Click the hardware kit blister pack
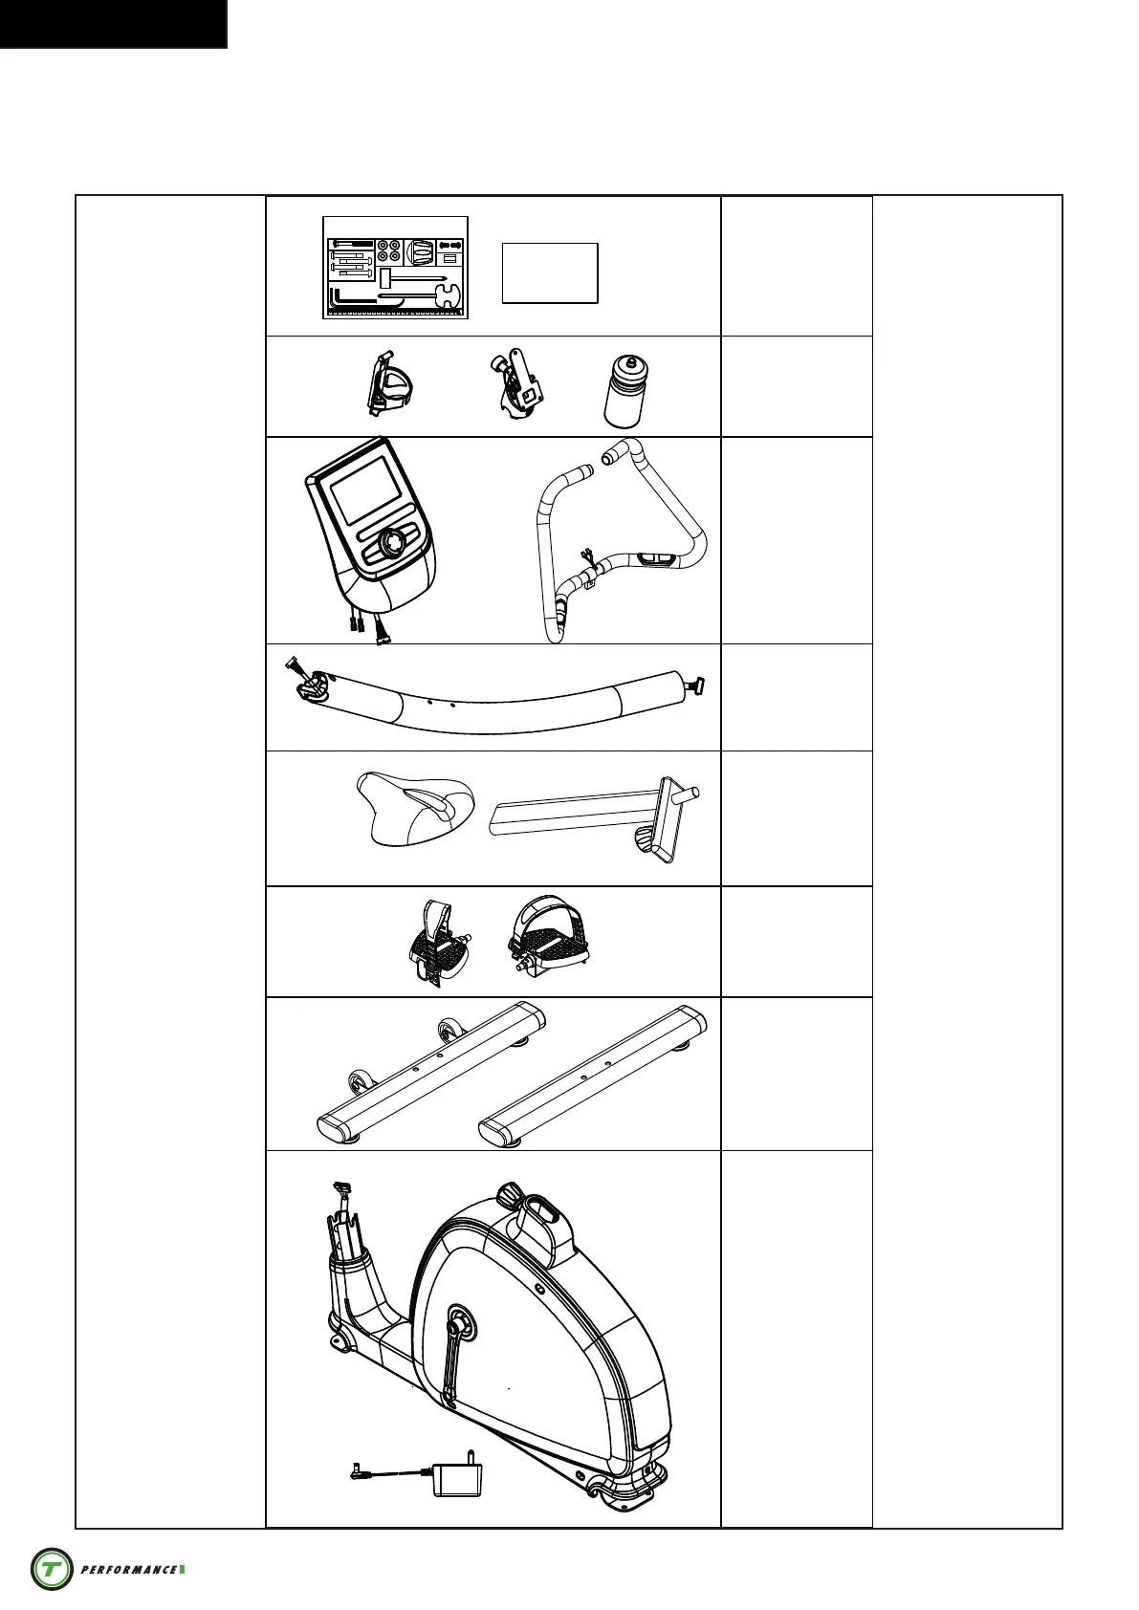tap(395, 268)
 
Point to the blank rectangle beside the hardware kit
tap(550, 273)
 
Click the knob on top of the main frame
tap(510, 1194)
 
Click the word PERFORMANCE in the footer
tap(129, 1570)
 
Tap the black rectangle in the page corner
tap(113, 23)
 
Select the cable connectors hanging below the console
tap(368, 625)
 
